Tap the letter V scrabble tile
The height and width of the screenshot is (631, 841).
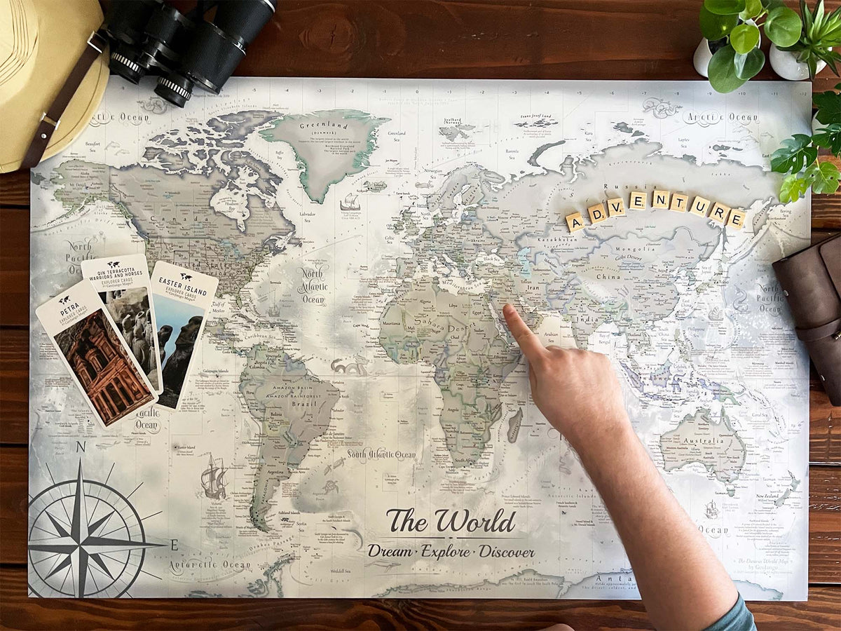(x=616, y=206)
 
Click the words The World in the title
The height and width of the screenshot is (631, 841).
(x=451, y=522)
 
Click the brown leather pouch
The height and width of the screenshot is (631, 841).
(x=813, y=308)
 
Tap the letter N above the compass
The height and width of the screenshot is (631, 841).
(x=81, y=447)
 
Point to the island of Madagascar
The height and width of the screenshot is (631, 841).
(x=515, y=423)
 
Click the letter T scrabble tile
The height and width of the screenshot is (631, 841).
(x=679, y=202)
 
